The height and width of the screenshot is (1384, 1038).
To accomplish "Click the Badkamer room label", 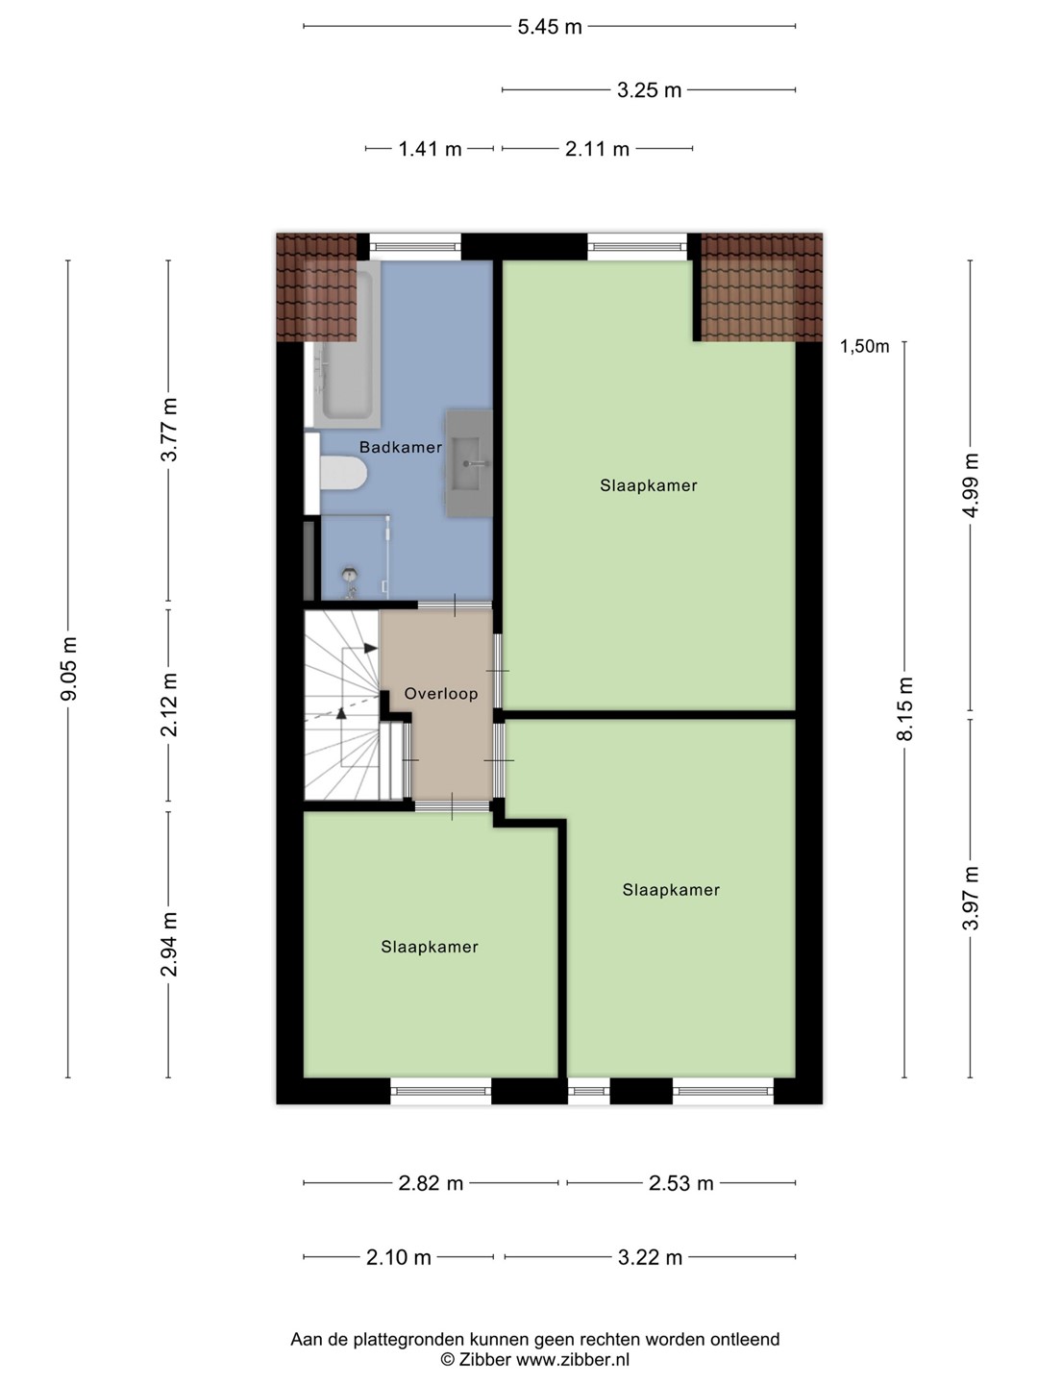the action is [x=400, y=447].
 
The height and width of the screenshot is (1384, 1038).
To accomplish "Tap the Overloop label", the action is [x=440, y=694].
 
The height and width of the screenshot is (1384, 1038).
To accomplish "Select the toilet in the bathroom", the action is [x=343, y=473].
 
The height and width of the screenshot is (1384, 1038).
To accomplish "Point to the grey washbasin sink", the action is [x=469, y=464].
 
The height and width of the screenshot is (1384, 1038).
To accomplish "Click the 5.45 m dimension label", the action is [x=550, y=27].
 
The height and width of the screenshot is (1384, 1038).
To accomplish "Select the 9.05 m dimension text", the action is [x=68, y=668].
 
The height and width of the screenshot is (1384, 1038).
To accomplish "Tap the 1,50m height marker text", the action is [x=864, y=346].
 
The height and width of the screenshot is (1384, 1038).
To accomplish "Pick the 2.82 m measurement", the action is [x=431, y=1183].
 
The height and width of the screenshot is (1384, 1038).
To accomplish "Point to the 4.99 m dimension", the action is [x=971, y=484].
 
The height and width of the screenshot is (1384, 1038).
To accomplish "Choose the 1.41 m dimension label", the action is [x=430, y=149].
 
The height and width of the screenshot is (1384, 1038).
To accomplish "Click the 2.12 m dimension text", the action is [x=169, y=704].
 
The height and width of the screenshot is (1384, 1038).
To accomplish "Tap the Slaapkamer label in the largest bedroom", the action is [x=649, y=485].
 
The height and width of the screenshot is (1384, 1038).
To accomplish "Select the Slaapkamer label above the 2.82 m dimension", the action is [x=430, y=947].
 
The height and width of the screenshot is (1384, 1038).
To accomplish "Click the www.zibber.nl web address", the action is [x=573, y=1359].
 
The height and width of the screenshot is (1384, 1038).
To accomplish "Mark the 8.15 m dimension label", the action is [x=905, y=708].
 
